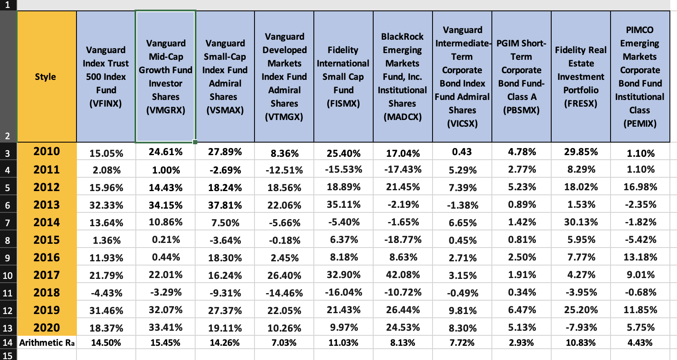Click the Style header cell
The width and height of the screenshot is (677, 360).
pos(46,77)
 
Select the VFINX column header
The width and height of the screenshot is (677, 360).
pos(106,77)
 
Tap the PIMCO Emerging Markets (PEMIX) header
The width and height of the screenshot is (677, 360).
pos(640,77)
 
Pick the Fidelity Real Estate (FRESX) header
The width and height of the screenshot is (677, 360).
pos(580,77)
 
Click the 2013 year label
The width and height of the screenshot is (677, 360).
pos(46,205)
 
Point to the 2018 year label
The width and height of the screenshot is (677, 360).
pos(46,293)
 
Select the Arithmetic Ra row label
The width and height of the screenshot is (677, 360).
pos(46,343)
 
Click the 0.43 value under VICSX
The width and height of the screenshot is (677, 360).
pos(462,152)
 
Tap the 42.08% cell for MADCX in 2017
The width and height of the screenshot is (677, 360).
pos(403,275)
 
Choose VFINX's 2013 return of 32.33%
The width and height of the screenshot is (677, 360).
pos(106,205)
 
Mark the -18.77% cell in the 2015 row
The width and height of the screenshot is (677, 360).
pos(403,240)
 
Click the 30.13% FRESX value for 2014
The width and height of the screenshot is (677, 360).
pos(581,222)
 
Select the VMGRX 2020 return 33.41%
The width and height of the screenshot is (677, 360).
pos(165,328)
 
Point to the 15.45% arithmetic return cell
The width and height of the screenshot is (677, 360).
pos(165,343)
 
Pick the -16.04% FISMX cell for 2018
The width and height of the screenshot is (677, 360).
pos(344,293)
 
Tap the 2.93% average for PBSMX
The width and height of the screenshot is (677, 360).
pos(522,343)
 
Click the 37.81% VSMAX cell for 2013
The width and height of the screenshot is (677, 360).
pos(225,205)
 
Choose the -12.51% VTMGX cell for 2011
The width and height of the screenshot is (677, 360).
pos(284,170)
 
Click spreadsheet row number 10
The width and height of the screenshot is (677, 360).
pos(8,276)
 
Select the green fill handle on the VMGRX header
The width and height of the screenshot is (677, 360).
pos(195,142)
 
